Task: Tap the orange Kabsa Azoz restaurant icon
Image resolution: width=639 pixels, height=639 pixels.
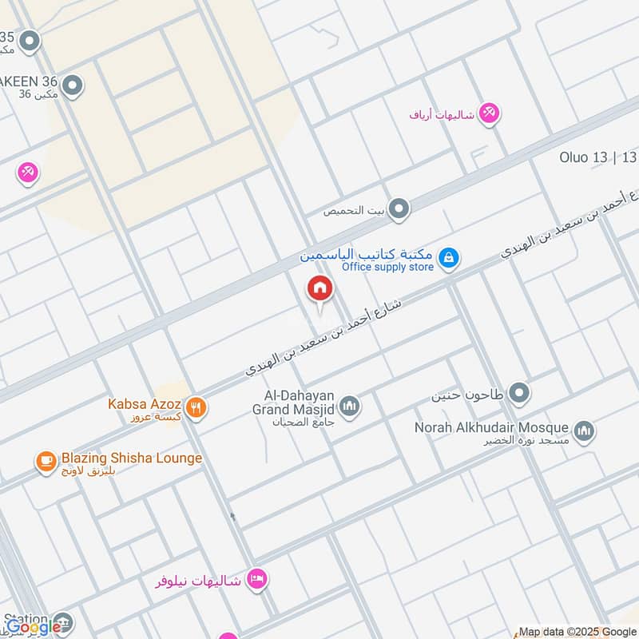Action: pos(197,408)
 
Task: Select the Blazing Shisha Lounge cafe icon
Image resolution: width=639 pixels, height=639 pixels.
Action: pos(46,460)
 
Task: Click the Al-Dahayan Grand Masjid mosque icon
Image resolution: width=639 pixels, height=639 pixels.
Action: pos(349,408)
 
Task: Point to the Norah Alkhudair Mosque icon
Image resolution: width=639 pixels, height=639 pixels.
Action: pos(585,431)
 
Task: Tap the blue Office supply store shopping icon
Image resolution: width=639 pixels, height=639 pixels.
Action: pos(449,257)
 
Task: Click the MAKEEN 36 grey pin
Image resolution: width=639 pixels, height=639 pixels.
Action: pos(73,85)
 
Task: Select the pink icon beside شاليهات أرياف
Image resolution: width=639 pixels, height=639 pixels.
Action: pos(490,113)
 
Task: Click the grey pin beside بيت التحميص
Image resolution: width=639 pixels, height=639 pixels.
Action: pos(399,210)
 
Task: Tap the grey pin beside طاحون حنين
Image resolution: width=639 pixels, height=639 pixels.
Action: pos(520,393)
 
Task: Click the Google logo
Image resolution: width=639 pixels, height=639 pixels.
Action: pos(34,627)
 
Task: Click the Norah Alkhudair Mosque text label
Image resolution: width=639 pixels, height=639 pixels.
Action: pos(491,427)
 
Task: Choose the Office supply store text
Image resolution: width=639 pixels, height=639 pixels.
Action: pos(387,267)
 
